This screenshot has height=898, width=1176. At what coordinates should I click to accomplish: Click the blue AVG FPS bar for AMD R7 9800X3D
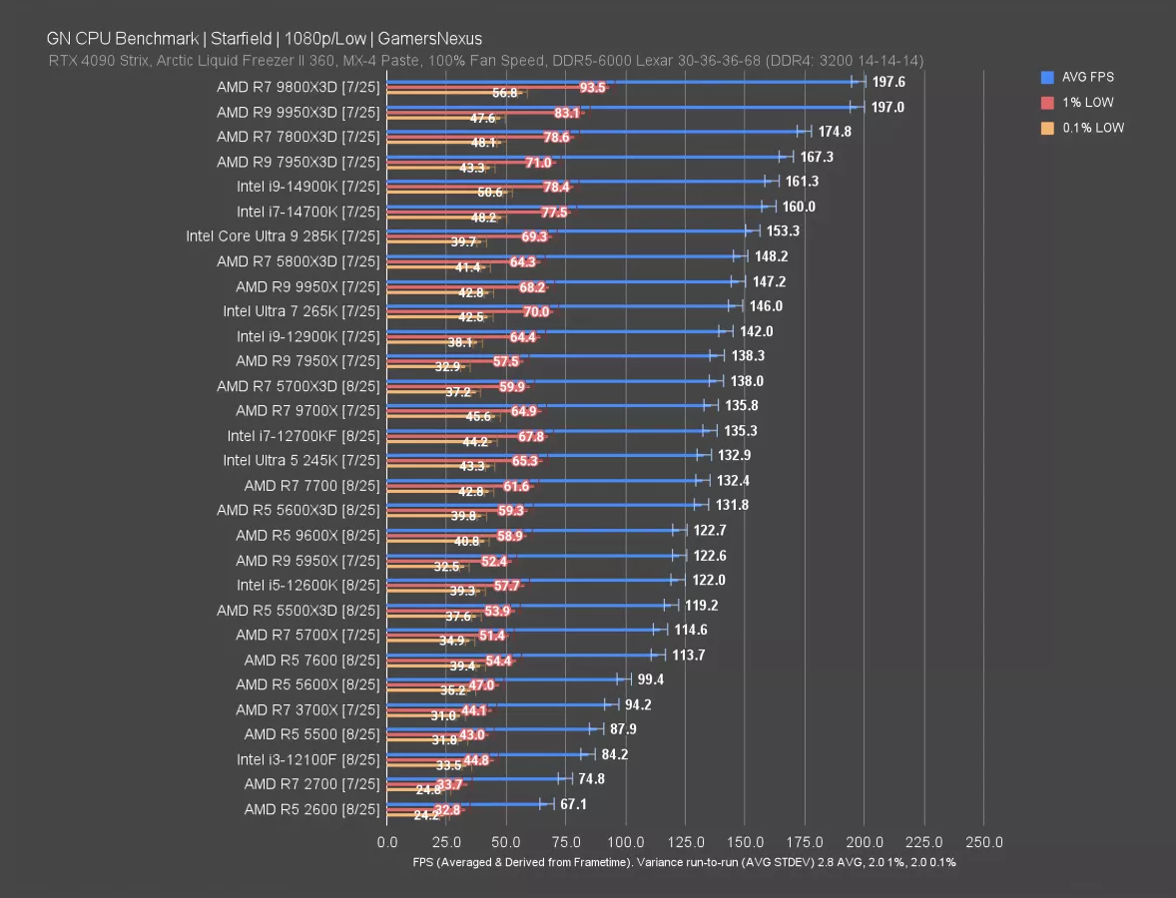click(619, 80)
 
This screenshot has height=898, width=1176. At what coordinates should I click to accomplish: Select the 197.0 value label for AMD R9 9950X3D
click(887, 107)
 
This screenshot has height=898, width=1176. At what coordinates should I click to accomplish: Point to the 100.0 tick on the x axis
click(626, 841)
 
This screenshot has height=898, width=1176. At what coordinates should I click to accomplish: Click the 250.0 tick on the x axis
click(984, 841)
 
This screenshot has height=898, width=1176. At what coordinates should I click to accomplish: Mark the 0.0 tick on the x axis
click(387, 841)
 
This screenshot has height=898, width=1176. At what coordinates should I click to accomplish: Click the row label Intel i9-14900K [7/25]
click(308, 186)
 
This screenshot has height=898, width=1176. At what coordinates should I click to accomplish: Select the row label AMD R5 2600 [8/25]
click(311, 809)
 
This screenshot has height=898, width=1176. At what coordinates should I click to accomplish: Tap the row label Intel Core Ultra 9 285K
click(283, 235)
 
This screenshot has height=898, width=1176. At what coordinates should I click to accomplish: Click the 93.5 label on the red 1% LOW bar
click(592, 88)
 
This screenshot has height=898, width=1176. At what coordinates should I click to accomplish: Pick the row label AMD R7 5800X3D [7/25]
click(298, 260)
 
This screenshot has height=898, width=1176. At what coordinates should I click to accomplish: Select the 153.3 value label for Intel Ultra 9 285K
click(784, 230)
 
